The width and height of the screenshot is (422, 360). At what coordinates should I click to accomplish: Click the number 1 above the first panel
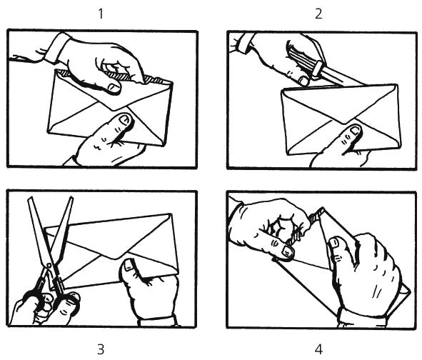101,14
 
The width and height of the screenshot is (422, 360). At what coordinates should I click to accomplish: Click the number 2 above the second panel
318,14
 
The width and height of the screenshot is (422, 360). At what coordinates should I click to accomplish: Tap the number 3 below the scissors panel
101,349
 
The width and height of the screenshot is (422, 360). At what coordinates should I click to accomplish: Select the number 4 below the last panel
318,349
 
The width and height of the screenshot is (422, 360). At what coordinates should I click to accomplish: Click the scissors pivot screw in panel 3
49,266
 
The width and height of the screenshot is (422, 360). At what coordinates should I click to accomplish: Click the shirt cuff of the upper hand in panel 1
56,46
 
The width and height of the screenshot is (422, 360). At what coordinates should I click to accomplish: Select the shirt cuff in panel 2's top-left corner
243,43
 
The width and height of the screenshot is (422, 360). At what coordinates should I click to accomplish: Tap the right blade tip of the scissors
71,199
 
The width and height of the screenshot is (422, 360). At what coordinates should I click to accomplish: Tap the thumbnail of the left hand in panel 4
286,251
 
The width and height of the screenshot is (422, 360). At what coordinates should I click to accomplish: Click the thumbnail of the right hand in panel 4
335,243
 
